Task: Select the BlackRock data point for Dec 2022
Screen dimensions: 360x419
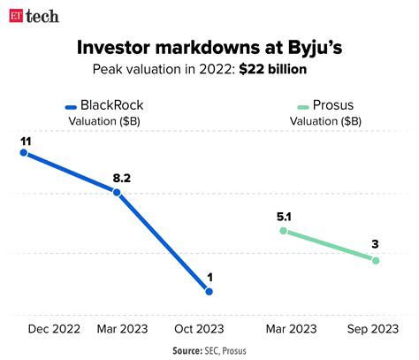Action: [24, 153]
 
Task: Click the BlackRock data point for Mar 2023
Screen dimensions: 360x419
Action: [118, 192]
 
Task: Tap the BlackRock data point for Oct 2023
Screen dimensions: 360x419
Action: [209, 291]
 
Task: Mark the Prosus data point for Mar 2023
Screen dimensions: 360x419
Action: [283, 230]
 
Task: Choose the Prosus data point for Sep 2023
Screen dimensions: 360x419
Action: [376, 260]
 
